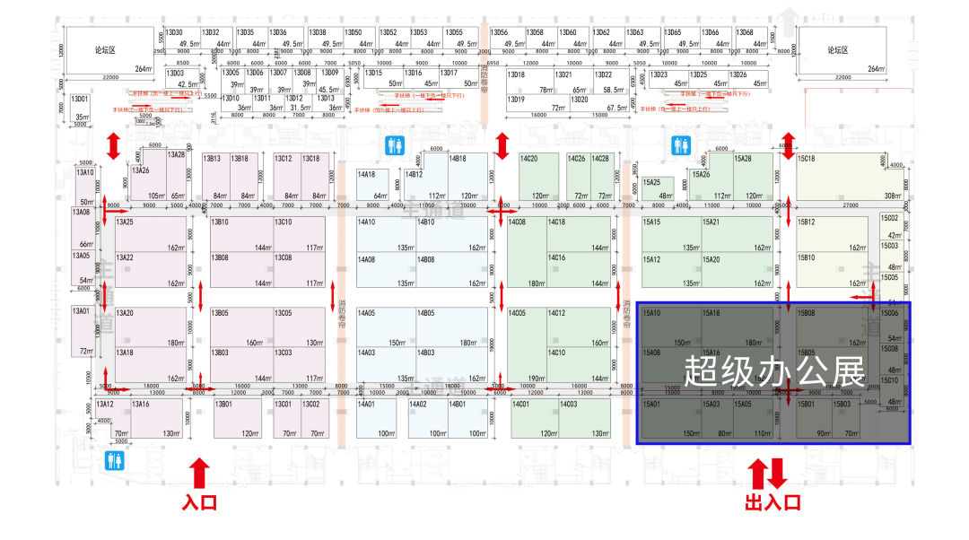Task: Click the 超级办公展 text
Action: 773,370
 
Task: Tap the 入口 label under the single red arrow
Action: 199,502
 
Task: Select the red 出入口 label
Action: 772,502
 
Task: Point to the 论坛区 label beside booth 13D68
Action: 843,50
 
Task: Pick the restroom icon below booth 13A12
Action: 114,460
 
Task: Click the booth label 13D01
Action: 81,99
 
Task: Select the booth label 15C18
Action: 807,159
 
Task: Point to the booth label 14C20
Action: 528,159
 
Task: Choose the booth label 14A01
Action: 366,405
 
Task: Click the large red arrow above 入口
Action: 199,473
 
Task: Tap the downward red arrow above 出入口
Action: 778,473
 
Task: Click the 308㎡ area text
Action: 891,196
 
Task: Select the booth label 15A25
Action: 651,181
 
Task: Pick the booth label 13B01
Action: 223,405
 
